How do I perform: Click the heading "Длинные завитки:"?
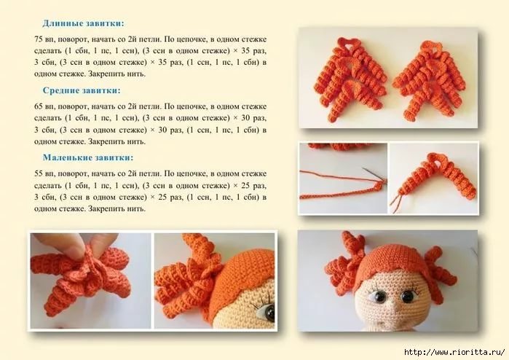click(83, 23)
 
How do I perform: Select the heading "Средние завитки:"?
click(82, 90)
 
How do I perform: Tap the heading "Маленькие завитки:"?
click(88, 157)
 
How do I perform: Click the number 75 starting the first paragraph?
click(39, 39)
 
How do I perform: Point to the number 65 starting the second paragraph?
click(39, 106)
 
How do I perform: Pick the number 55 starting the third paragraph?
click(39, 173)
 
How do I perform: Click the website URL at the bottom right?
click(454, 352)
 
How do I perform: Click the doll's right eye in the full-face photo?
click(407, 296)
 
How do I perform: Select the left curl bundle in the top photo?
click(350, 79)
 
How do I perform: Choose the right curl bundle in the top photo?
click(430, 79)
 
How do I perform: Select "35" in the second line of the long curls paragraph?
click(247, 51)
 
